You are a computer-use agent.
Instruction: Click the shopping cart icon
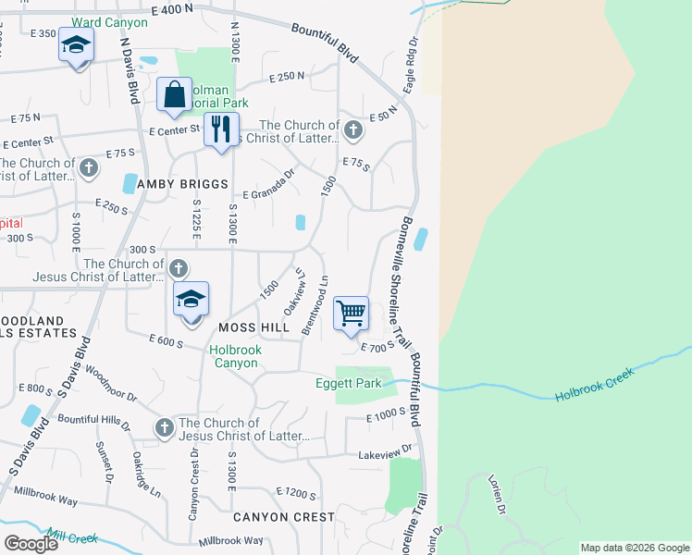352,314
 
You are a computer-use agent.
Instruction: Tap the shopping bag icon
174,94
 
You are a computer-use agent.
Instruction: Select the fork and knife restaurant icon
220,129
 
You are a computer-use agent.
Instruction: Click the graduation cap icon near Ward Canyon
76,43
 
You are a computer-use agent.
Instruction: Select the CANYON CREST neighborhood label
283,517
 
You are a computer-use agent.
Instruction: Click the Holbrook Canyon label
235,356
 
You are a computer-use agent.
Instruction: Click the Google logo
31,544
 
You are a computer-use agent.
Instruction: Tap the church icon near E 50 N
352,131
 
